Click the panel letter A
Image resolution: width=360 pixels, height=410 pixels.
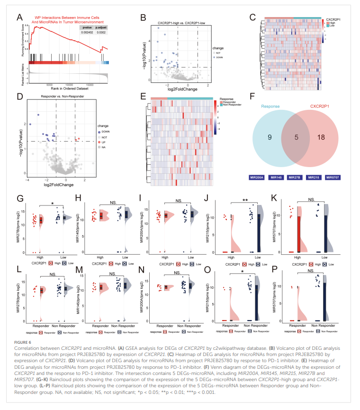pos(20,18)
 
